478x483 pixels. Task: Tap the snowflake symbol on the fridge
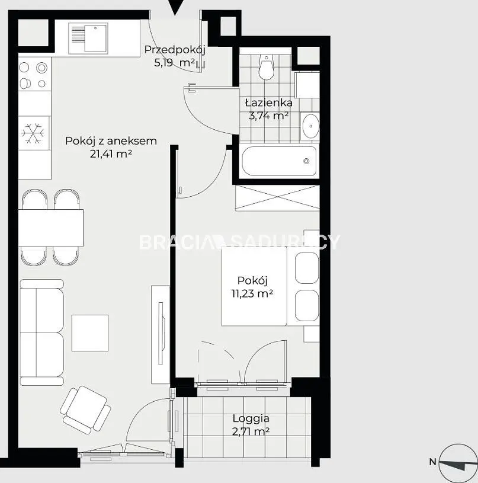tap(33, 133)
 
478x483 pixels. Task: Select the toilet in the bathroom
tap(267, 67)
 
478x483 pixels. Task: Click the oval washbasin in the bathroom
tap(310, 126)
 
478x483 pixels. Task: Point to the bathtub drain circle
tap(306, 161)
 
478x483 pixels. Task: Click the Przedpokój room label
tap(175, 50)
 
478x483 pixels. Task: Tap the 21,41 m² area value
tap(111, 153)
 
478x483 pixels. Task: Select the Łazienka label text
tap(269, 103)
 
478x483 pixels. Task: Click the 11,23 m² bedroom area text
tap(252, 293)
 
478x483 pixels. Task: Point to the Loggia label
tap(251, 418)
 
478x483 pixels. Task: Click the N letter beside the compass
tap(433, 462)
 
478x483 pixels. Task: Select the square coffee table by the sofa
tap(90, 333)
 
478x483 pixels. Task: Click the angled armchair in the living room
tap(85, 408)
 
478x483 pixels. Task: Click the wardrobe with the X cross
tap(277, 198)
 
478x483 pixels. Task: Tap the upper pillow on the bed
tap(307, 268)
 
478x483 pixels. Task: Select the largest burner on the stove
tap(41, 68)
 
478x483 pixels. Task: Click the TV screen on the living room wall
tap(160, 333)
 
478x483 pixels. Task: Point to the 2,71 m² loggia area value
tap(251, 431)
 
